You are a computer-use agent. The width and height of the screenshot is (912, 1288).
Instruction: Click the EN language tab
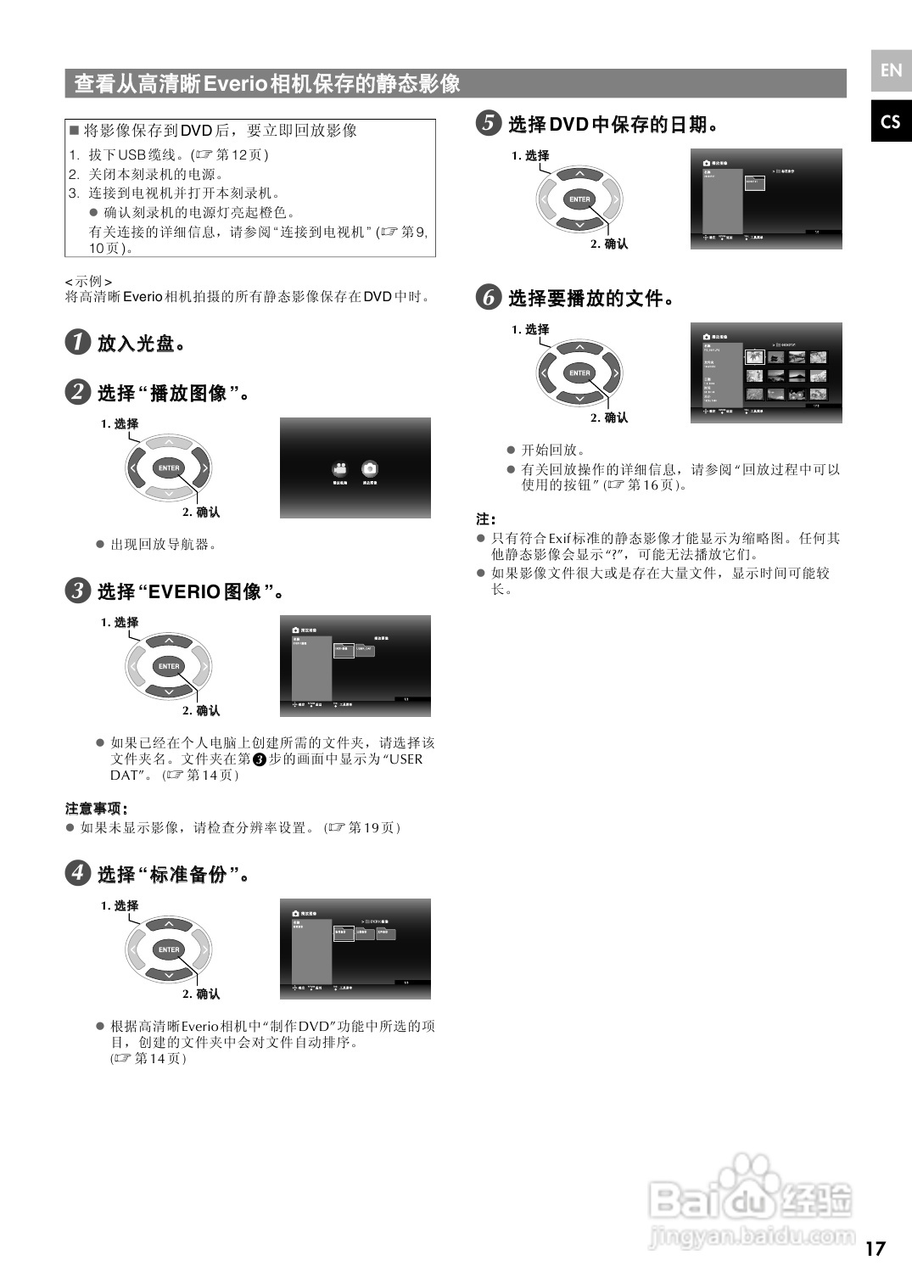tap(891, 70)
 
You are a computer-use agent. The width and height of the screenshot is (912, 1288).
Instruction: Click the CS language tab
tap(891, 122)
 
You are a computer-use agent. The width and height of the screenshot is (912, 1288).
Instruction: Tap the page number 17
tap(875, 1248)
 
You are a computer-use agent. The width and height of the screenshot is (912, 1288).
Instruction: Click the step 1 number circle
tap(77, 342)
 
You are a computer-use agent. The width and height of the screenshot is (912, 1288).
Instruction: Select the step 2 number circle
tap(77, 392)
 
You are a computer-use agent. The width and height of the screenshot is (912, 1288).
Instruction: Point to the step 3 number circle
tap(77, 591)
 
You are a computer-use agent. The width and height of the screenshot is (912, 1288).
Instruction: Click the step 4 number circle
tap(77, 873)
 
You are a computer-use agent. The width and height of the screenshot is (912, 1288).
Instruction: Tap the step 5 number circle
tap(488, 123)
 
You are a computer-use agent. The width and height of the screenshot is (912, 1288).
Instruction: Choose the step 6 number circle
tap(488, 297)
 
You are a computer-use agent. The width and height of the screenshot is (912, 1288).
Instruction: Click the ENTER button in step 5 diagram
tap(579, 199)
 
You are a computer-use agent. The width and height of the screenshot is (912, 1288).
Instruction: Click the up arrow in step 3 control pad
tap(169, 641)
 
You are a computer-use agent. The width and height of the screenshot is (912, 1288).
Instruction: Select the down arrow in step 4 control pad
tap(169, 974)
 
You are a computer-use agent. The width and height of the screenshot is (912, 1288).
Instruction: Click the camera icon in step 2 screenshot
tap(370, 469)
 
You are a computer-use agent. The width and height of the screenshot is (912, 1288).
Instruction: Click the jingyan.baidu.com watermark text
tap(751, 1236)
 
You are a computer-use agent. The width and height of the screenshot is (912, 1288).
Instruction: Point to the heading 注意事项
tap(96, 808)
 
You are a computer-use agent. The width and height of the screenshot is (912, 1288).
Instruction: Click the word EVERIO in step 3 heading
tap(184, 591)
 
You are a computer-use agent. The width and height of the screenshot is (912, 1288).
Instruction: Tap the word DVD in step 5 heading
tap(568, 124)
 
